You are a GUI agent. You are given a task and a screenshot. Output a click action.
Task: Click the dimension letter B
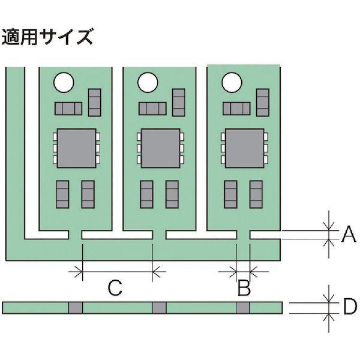(244, 289)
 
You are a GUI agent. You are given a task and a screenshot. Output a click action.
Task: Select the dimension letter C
(115, 289)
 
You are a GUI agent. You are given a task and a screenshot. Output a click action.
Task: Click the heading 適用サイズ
(49, 37)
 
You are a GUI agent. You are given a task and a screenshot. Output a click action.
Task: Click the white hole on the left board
(63, 82)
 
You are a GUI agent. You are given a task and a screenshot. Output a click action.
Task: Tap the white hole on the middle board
(147, 82)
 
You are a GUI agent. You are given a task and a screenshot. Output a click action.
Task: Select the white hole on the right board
(231, 82)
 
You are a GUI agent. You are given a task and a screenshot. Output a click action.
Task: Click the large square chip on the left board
(76, 148)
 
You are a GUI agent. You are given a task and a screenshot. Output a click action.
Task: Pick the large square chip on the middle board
(160, 148)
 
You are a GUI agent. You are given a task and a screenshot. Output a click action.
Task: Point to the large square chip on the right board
(244, 148)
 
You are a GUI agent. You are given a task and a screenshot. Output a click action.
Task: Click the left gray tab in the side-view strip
(75, 308)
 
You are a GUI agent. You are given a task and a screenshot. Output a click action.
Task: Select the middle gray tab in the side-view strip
(159, 308)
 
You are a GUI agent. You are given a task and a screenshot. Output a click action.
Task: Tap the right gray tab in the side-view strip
(243, 308)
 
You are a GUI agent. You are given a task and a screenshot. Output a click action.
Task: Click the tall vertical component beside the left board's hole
(95, 102)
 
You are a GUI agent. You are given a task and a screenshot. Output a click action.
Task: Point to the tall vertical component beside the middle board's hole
(179, 102)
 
